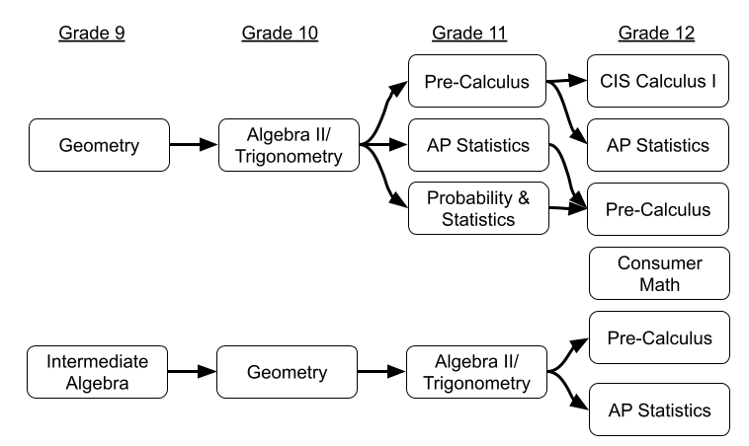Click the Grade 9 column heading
pyautogui.click(x=92, y=34)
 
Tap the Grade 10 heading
pyautogui.click(x=280, y=34)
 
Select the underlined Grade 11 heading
pyautogui.click(x=469, y=34)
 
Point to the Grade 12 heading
pyautogui.click(x=656, y=34)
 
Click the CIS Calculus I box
pyautogui.click(x=658, y=81)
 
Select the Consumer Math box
pyautogui.click(x=660, y=273)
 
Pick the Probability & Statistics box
pyautogui.click(x=478, y=208)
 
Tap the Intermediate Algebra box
pyautogui.click(x=98, y=372)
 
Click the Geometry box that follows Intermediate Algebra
pyautogui.click(x=288, y=372)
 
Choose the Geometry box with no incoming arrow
pyautogui.click(x=99, y=145)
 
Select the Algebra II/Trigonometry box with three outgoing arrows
pyautogui.click(x=289, y=145)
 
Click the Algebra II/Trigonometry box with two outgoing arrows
pyautogui.click(x=476, y=372)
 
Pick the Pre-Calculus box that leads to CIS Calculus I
pyautogui.click(x=477, y=81)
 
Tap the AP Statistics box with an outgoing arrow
pyautogui.click(x=478, y=145)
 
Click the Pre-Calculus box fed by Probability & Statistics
pyautogui.click(x=658, y=209)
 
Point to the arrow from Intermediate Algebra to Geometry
pyautogui.click(x=192, y=371)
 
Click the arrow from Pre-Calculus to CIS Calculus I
pyautogui.click(x=566, y=81)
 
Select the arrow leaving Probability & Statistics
pyautogui.click(x=568, y=208)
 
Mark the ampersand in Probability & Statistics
pyautogui.click(x=524, y=198)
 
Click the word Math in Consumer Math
pyautogui.click(x=660, y=285)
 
